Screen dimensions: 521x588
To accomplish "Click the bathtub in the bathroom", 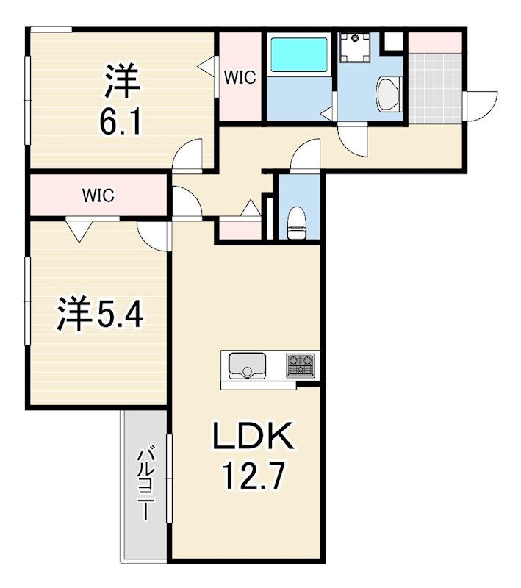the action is pos(299,54).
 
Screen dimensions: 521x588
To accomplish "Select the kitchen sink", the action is pos(247,365).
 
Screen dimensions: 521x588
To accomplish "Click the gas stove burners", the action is pos(301,365).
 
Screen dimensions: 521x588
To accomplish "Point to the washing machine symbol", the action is pos(355,47).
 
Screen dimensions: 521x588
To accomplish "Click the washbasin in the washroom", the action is pos(389,95).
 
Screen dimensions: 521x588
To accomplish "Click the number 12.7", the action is pos(253,476).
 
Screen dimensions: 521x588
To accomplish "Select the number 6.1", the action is pos(121,120).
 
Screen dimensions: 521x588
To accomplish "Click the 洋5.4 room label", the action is pos(100,314).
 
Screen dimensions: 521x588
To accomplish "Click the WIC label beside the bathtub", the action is pos(240,78).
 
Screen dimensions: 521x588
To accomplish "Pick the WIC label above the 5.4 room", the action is pos(98,196).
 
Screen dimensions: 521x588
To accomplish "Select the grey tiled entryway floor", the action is pos(435,88).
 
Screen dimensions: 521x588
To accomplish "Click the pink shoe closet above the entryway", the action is pos(435,43).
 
